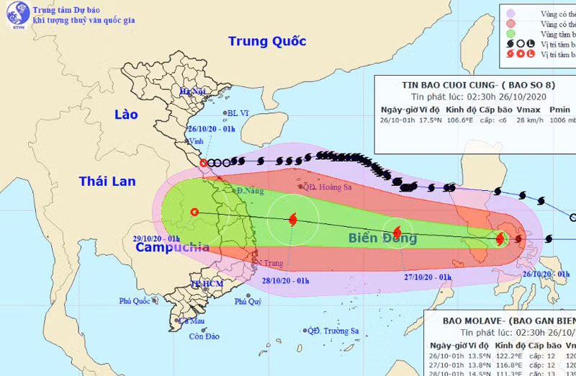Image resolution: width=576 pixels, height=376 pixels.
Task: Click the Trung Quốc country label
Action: pos(267,41)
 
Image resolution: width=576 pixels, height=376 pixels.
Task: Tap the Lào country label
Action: pos(126,115)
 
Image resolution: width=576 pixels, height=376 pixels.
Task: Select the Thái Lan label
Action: pos(108,181)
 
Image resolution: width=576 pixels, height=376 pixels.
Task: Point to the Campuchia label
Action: pos(172,247)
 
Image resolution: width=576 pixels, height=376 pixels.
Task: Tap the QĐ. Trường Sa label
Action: pos(333,331)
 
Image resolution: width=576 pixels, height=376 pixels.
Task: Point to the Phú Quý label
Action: pos(248,302)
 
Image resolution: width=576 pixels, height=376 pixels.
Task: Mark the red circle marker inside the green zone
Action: pos(194,212)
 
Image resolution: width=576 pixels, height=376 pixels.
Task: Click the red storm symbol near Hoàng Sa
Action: pos(292,219)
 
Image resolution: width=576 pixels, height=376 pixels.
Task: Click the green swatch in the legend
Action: pos(510,32)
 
